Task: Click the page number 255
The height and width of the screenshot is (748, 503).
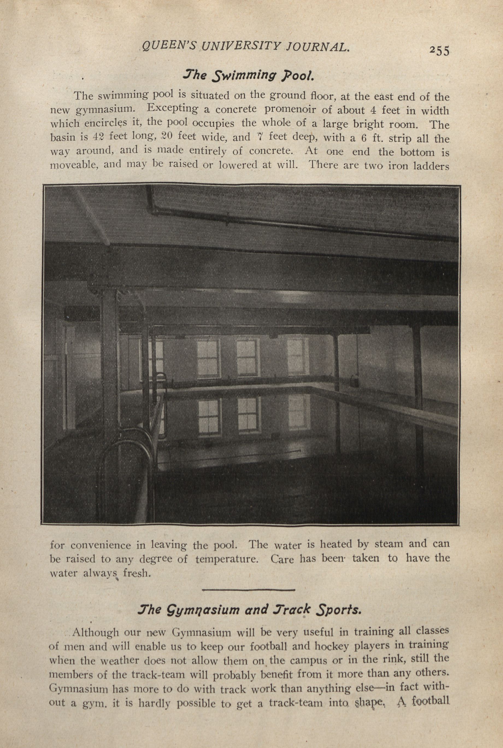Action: (x=440, y=51)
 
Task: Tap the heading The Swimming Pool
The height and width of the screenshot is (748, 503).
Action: (x=247, y=76)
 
